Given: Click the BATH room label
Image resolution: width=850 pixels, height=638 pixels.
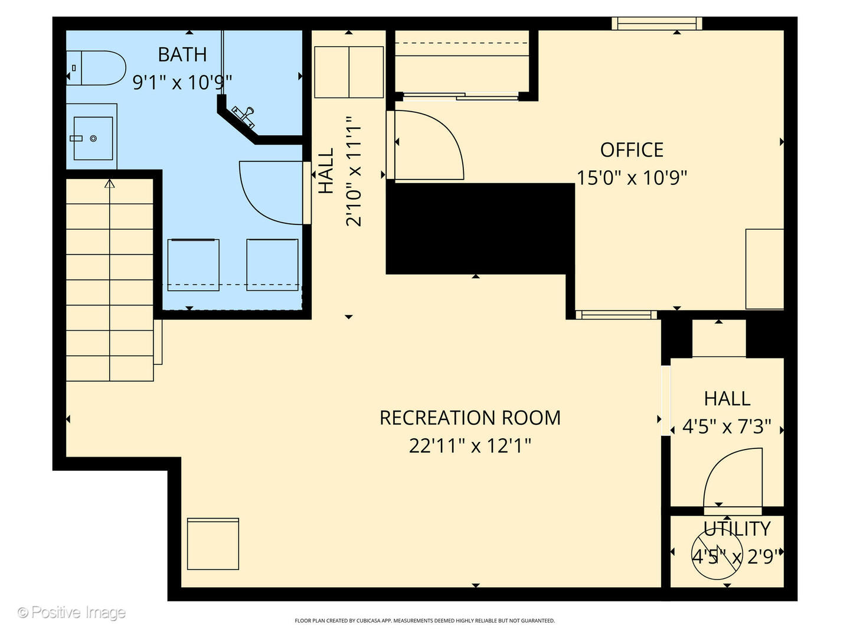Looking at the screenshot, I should pyautogui.click(x=182, y=54).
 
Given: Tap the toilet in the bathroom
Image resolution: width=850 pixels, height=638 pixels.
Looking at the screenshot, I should pyautogui.click(x=97, y=68).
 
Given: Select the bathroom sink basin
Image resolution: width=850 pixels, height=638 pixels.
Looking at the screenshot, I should pyautogui.click(x=93, y=138).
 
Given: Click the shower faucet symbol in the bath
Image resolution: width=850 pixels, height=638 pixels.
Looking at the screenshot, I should pyautogui.click(x=244, y=115).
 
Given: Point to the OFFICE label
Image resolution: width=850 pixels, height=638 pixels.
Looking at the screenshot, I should pyautogui.click(x=632, y=150).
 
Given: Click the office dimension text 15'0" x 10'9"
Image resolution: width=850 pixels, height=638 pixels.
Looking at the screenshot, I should pyautogui.click(x=632, y=177).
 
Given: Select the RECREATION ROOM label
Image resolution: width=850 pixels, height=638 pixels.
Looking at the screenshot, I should pyautogui.click(x=470, y=418).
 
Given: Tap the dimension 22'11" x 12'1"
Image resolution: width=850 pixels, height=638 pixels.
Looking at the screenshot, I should pyautogui.click(x=470, y=445).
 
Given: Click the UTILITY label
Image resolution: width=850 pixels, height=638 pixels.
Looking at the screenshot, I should pyautogui.click(x=737, y=529).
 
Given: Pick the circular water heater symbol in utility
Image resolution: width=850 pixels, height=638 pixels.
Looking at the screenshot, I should pyautogui.click(x=717, y=554).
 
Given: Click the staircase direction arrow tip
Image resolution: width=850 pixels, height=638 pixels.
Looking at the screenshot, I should pyautogui.click(x=109, y=183).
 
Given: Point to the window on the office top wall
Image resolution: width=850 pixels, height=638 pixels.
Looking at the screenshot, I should pyautogui.click(x=656, y=24).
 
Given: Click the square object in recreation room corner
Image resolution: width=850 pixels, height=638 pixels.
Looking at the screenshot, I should pyautogui.click(x=213, y=543).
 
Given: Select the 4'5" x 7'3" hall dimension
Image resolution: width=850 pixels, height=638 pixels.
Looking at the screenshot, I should pyautogui.click(x=727, y=426).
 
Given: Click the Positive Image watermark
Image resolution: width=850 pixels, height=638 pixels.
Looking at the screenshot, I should pyautogui.click(x=71, y=612).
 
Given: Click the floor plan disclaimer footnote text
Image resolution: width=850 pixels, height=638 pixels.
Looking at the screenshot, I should pyautogui.click(x=424, y=621).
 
